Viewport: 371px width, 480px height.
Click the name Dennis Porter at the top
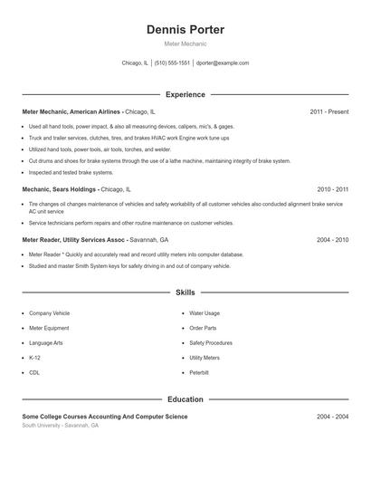pyautogui.click(x=185, y=30)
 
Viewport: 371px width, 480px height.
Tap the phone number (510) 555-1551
pyautogui.click(x=172, y=63)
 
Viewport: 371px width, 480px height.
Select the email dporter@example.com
pyautogui.click(x=223, y=63)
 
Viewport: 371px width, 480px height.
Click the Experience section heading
pyautogui.click(x=185, y=94)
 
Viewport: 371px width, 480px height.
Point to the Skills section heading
pyautogui.click(x=185, y=293)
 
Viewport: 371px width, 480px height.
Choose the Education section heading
pyautogui.click(x=185, y=398)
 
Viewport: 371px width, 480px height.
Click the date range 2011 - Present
pyautogui.click(x=328, y=111)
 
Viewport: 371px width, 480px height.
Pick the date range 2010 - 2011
pyautogui.click(x=332, y=189)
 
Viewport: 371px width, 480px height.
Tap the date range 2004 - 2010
pyautogui.click(x=332, y=240)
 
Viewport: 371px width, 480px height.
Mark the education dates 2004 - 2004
pyautogui.click(x=332, y=416)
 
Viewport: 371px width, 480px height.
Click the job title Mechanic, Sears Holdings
pyautogui.click(x=60, y=189)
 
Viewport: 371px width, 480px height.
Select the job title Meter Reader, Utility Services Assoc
pyautogui.click(x=83, y=240)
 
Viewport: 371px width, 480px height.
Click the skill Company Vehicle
pyautogui.click(x=49, y=313)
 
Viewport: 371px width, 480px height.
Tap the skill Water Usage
pyautogui.click(x=205, y=313)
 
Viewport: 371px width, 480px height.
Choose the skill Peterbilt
pyautogui.click(x=199, y=372)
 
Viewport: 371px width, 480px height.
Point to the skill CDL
pyautogui.click(x=34, y=372)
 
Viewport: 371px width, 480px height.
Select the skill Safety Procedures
pyautogui.click(x=211, y=343)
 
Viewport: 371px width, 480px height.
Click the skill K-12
pyautogui.click(x=35, y=358)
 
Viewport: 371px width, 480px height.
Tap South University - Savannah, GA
pyautogui.click(x=61, y=425)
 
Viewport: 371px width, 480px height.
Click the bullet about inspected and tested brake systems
pyautogui.click(x=71, y=172)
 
